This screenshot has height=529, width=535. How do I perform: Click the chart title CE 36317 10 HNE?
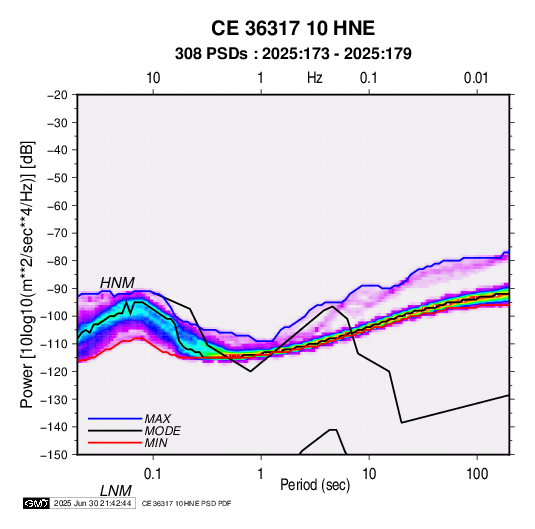(293, 28)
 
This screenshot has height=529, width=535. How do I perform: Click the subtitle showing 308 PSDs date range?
(293, 54)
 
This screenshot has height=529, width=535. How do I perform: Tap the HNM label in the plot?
(117, 283)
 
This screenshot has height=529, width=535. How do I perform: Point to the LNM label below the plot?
(116, 491)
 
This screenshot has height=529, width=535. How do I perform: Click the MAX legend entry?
(157, 418)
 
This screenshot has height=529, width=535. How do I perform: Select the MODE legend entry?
(162, 431)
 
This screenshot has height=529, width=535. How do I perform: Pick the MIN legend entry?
(156, 443)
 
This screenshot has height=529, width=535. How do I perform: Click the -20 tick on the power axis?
(57, 95)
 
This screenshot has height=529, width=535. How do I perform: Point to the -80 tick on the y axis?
(57, 261)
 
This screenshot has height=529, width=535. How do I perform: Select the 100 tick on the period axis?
(477, 474)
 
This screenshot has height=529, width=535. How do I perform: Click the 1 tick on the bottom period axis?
(261, 474)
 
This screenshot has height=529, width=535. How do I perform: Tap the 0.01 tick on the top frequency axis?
(476, 78)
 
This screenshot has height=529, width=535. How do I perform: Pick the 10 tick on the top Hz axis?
(153, 78)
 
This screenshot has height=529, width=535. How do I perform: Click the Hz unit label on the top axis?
(315, 78)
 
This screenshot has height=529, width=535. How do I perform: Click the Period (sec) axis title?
(315, 485)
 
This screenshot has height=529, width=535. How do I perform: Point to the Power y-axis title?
(27, 274)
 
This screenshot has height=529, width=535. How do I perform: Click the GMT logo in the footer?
(37, 503)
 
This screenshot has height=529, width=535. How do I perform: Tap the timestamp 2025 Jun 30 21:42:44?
(92, 503)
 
